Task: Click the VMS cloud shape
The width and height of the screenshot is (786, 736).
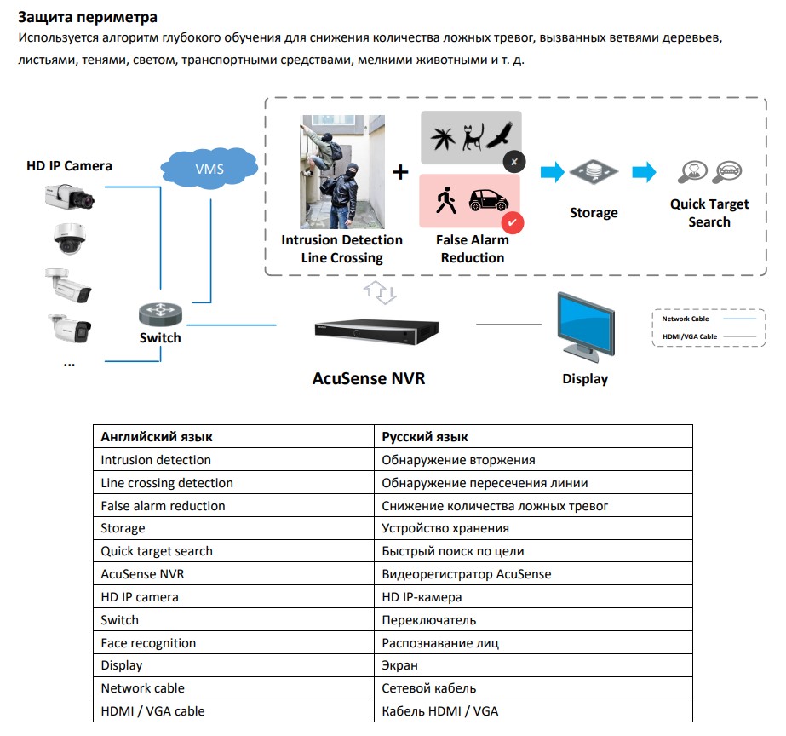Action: click(x=209, y=169)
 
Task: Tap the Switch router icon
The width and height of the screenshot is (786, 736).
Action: click(x=160, y=315)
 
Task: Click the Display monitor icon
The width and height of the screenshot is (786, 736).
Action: click(x=585, y=326)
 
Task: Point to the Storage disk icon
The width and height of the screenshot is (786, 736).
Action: click(x=593, y=173)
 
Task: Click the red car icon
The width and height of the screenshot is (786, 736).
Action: click(x=488, y=201)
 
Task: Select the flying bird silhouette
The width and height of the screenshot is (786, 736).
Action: click(x=502, y=135)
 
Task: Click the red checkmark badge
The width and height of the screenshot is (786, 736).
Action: click(x=513, y=223)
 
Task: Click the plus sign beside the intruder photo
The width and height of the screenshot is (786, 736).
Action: click(x=400, y=173)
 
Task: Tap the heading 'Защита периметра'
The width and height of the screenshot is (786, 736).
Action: click(x=88, y=16)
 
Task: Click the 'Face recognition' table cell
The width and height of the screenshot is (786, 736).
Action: click(x=148, y=643)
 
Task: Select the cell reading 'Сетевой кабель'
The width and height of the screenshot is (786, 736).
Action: click(x=429, y=688)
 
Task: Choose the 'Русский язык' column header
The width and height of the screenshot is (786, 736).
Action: click(x=425, y=437)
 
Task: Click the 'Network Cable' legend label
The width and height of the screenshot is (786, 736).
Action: click(x=685, y=319)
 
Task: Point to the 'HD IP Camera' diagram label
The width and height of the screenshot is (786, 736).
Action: click(x=69, y=165)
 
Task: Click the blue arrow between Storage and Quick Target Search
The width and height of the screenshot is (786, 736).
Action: click(x=645, y=173)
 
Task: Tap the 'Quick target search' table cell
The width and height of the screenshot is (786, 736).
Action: click(x=157, y=551)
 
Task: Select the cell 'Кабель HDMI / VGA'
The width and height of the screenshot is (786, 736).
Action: click(x=442, y=710)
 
